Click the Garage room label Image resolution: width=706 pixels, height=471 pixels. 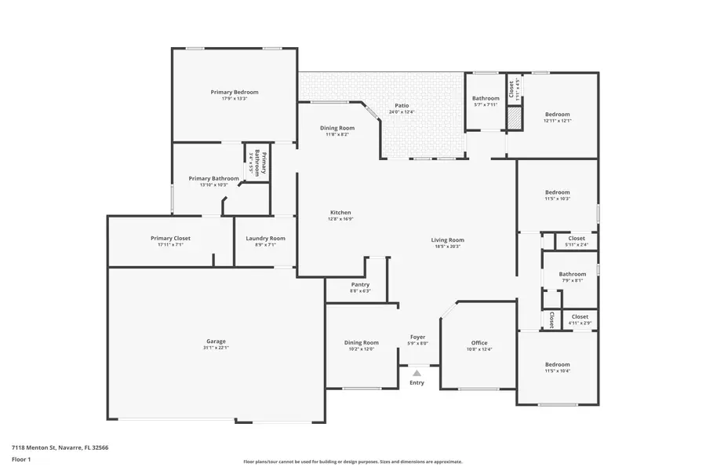tap(217, 341)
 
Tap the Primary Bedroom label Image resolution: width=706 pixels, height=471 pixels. tap(235, 92)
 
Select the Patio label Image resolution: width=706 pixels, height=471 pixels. tap(402, 105)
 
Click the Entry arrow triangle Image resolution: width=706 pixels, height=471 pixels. tap(417, 374)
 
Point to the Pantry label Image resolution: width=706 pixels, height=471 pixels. tap(360, 284)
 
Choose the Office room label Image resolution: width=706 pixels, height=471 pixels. tap(479, 342)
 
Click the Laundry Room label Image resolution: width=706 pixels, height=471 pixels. tap(265, 238)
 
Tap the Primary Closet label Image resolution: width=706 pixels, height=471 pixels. tap(170, 238)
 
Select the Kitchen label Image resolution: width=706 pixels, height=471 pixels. tap(340, 213)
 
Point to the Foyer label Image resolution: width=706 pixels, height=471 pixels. tap(418, 337)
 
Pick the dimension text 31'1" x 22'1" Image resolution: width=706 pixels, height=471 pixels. tap(217, 348)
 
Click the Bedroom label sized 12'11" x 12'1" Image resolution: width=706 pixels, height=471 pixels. tap(558, 114)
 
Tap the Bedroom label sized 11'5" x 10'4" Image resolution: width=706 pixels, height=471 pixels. tap(558, 364)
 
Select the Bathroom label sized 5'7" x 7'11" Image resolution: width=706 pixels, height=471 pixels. tap(486, 98)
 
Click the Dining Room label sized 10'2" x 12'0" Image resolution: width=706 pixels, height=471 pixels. tap(361, 342)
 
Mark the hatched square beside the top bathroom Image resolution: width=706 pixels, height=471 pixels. tap(513, 119)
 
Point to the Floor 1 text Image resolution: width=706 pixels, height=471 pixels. tap(20, 459)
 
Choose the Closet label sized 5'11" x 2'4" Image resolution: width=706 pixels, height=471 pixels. tap(577, 238)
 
